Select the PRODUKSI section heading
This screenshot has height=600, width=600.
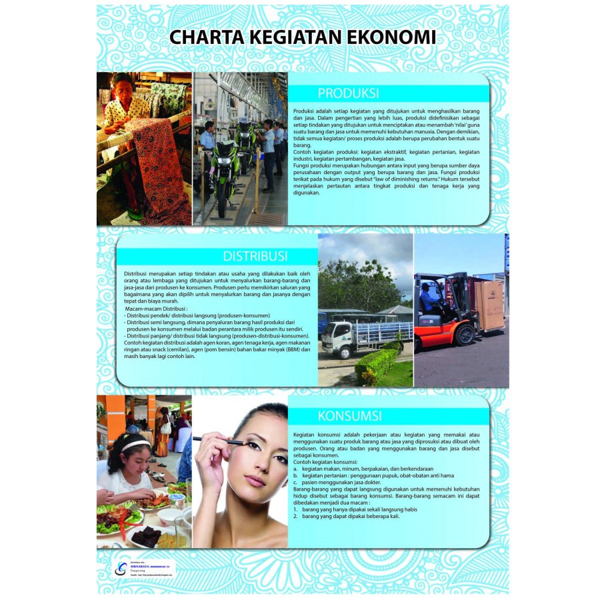pyautogui.click(x=348, y=93)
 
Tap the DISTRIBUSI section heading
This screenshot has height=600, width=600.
pyautogui.click(x=255, y=256)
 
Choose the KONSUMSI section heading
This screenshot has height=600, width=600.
pyautogui.click(x=350, y=416)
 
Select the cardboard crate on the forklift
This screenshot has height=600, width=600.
pyautogui.click(x=489, y=303)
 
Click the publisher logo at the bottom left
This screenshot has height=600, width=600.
pyautogui.click(x=121, y=568)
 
